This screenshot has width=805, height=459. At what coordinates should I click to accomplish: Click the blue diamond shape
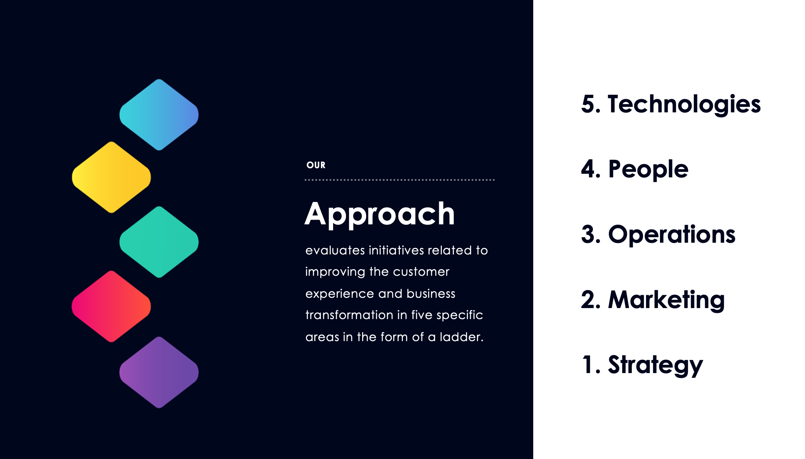click(159, 115)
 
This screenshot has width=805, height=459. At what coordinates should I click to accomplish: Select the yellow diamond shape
click(111, 177)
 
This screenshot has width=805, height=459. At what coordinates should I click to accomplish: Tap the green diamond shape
click(159, 242)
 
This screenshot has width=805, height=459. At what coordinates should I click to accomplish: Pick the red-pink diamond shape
click(111, 306)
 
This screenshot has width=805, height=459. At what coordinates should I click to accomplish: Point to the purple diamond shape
click(159, 372)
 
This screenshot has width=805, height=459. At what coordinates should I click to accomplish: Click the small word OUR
click(316, 165)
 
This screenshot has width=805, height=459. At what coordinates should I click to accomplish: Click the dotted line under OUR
click(400, 180)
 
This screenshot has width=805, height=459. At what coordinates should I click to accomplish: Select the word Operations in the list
click(672, 235)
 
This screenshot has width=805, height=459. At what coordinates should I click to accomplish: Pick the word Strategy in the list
click(656, 366)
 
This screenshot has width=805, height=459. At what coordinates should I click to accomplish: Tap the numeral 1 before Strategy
click(587, 364)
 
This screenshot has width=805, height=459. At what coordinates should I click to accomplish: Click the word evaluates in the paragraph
click(335, 250)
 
